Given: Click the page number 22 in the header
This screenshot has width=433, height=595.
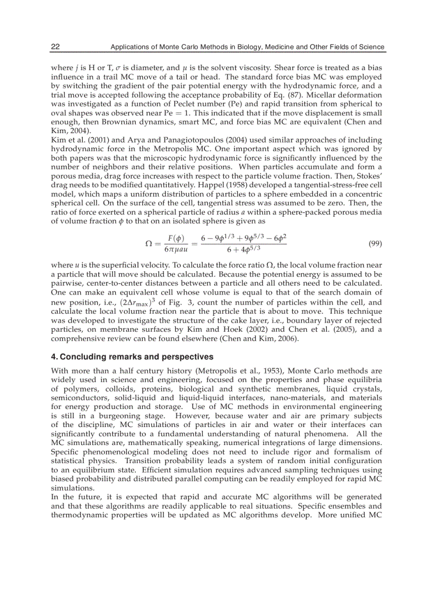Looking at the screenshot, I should click(55, 47).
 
